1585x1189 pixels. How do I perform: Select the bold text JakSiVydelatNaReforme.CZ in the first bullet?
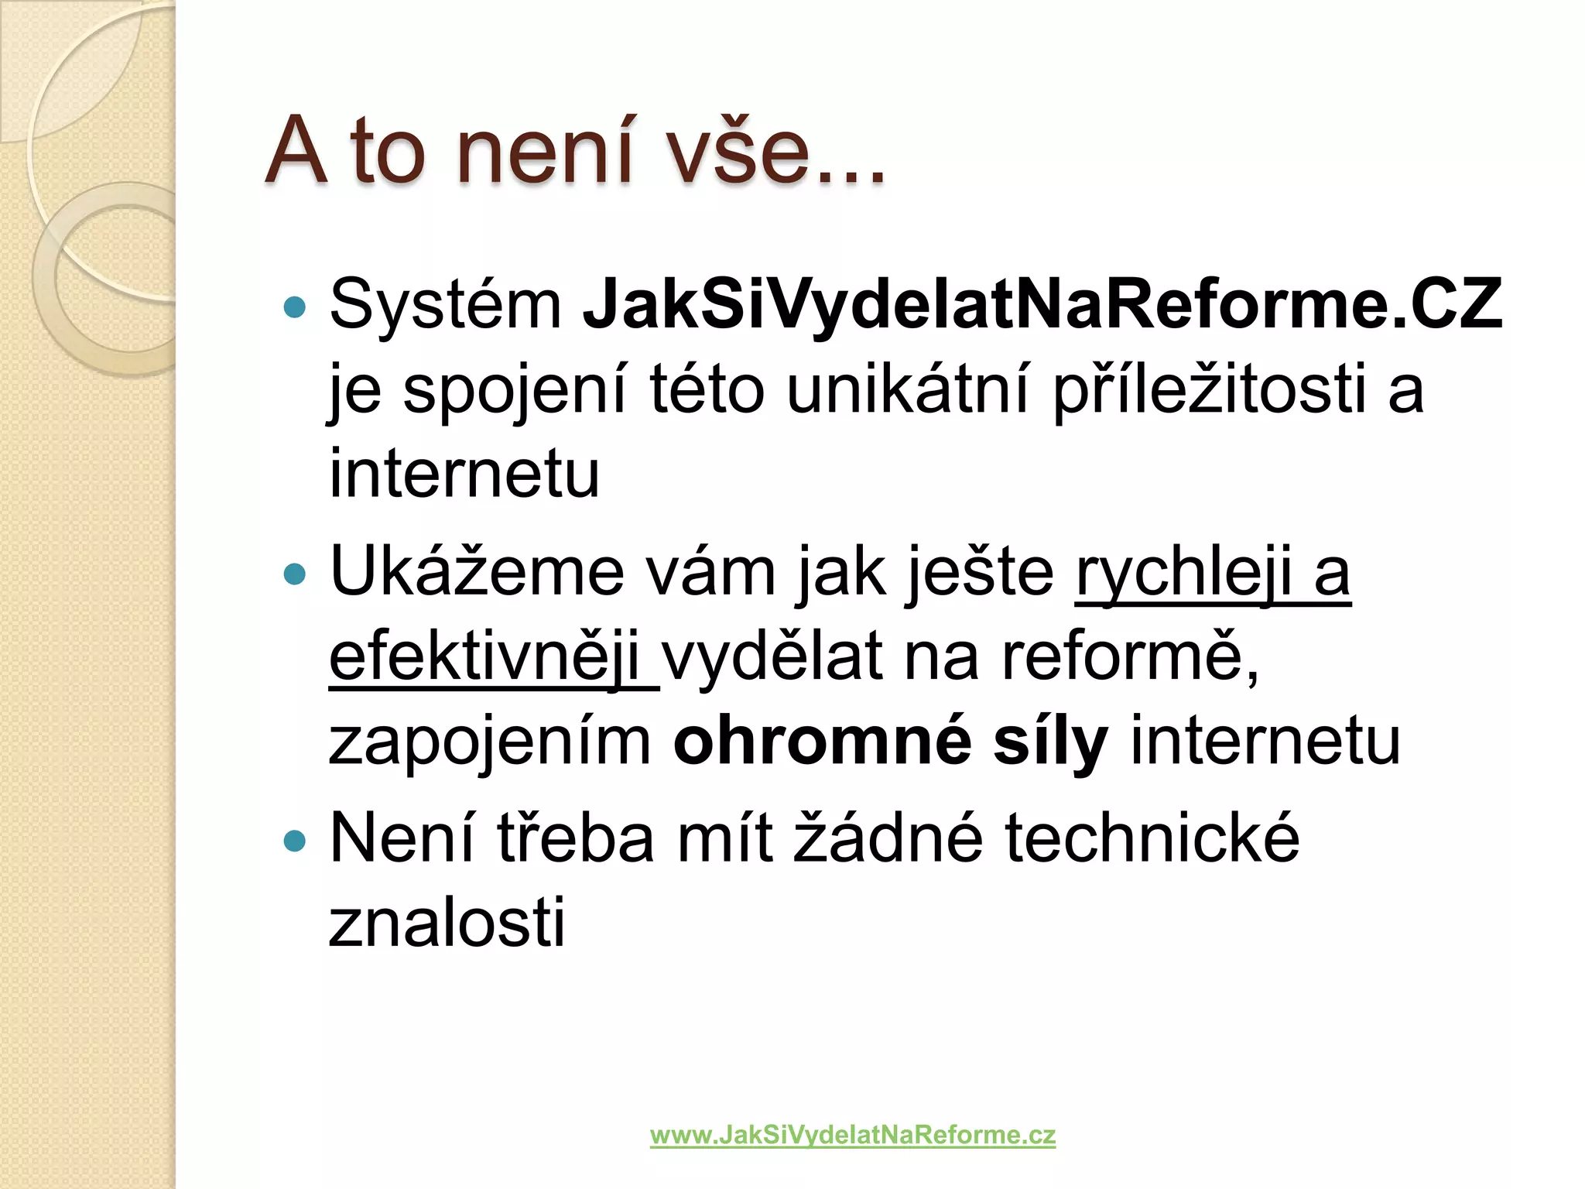pyautogui.click(x=1042, y=304)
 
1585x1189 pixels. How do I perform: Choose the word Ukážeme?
pyautogui.click(x=476, y=572)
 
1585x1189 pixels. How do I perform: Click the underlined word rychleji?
pyautogui.click(x=1183, y=574)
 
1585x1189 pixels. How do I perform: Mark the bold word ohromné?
pyautogui.click(x=822, y=742)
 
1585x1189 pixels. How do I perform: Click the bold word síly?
pyautogui.click(x=1050, y=742)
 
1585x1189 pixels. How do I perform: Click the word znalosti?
pyautogui.click(x=447, y=923)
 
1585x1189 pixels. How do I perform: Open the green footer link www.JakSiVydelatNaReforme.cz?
pyautogui.click(x=852, y=1136)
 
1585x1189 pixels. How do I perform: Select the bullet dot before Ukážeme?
pyautogui.click(x=295, y=574)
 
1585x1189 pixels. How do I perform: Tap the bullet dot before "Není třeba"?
pyautogui.click(x=295, y=841)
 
